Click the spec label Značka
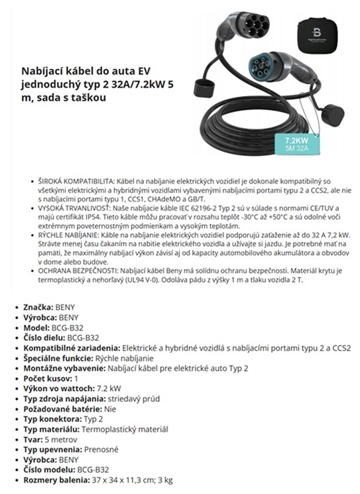click(38, 308)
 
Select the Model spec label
click(38, 328)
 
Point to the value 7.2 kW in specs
click(108, 388)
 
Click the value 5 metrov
click(61, 438)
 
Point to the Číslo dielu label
click(45, 338)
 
